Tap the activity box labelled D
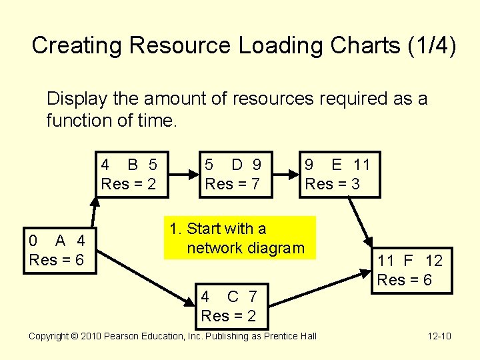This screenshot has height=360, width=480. (237, 174)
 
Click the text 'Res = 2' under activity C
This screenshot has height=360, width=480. (228, 315)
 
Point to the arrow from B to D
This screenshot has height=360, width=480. (183, 175)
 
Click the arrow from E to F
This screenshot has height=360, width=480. (361, 221)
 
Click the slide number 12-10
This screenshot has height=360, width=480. (439, 336)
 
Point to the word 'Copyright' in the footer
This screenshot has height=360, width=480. (51, 336)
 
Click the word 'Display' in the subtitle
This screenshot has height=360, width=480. (76, 99)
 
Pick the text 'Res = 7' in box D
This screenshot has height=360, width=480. (232, 183)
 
